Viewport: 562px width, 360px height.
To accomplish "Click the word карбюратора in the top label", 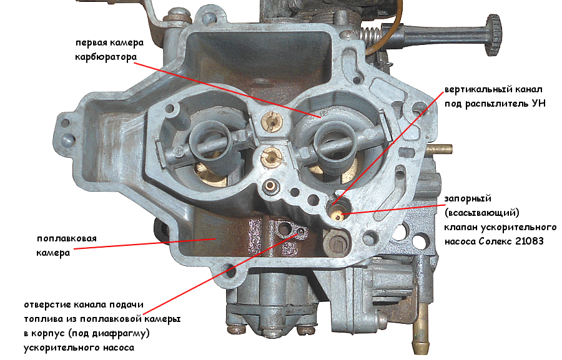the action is tap(106, 57).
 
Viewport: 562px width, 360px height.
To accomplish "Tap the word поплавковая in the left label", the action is tap(66, 238).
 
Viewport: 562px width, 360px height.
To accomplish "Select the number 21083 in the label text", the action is tap(530, 241).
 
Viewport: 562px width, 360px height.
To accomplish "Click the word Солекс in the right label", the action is tap(495, 241).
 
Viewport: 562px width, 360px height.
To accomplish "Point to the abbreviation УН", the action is tap(539, 104).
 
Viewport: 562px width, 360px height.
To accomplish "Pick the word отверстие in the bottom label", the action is tap(47, 305).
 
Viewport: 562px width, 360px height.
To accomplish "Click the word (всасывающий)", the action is tap(481, 213).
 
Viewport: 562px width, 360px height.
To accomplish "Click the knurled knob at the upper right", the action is tap(495, 35).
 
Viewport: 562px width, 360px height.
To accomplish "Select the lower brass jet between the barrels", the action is tap(271, 157).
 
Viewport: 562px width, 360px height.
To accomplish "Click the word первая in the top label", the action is tap(91, 43).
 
